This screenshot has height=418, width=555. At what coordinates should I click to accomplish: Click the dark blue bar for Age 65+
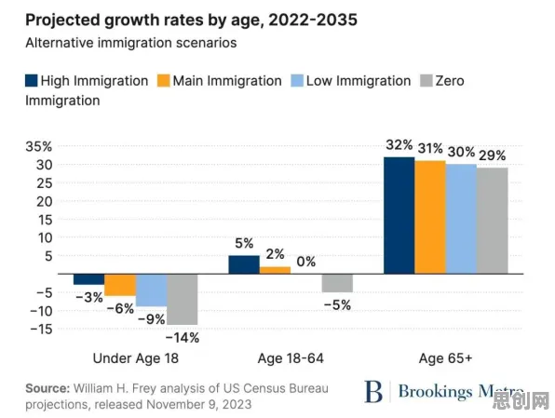point(399,215)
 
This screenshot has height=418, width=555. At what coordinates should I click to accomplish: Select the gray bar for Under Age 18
point(183,300)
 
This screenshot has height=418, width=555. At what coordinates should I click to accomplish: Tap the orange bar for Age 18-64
point(275,270)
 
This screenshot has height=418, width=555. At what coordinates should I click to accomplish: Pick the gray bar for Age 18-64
point(337,283)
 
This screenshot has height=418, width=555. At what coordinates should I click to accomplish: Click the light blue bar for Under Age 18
point(151,290)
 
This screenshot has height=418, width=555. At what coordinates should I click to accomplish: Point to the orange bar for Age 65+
point(430,217)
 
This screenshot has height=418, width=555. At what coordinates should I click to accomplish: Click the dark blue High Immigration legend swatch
point(31,81)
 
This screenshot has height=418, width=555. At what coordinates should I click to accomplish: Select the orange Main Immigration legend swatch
point(163,81)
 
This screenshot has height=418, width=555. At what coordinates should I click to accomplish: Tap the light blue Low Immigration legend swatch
point(297,81)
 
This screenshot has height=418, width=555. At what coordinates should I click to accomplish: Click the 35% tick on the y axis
point(38,146)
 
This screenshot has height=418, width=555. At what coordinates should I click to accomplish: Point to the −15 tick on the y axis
point(41,330)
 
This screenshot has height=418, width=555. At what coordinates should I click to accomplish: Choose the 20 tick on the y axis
point(45,201)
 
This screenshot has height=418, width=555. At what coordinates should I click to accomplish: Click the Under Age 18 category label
point(136,358)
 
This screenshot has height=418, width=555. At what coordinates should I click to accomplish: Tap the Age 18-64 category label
point(291,358)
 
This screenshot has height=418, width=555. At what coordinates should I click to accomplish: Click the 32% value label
point(399,144)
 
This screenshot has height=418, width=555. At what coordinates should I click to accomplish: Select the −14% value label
point(183,338)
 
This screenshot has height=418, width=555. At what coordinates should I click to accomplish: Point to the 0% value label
point(306,262)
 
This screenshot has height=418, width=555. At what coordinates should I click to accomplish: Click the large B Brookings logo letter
point(373,391)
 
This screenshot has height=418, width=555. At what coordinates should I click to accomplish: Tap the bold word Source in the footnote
point(47,388)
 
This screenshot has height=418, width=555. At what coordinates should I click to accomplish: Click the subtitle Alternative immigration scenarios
point(131,43)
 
